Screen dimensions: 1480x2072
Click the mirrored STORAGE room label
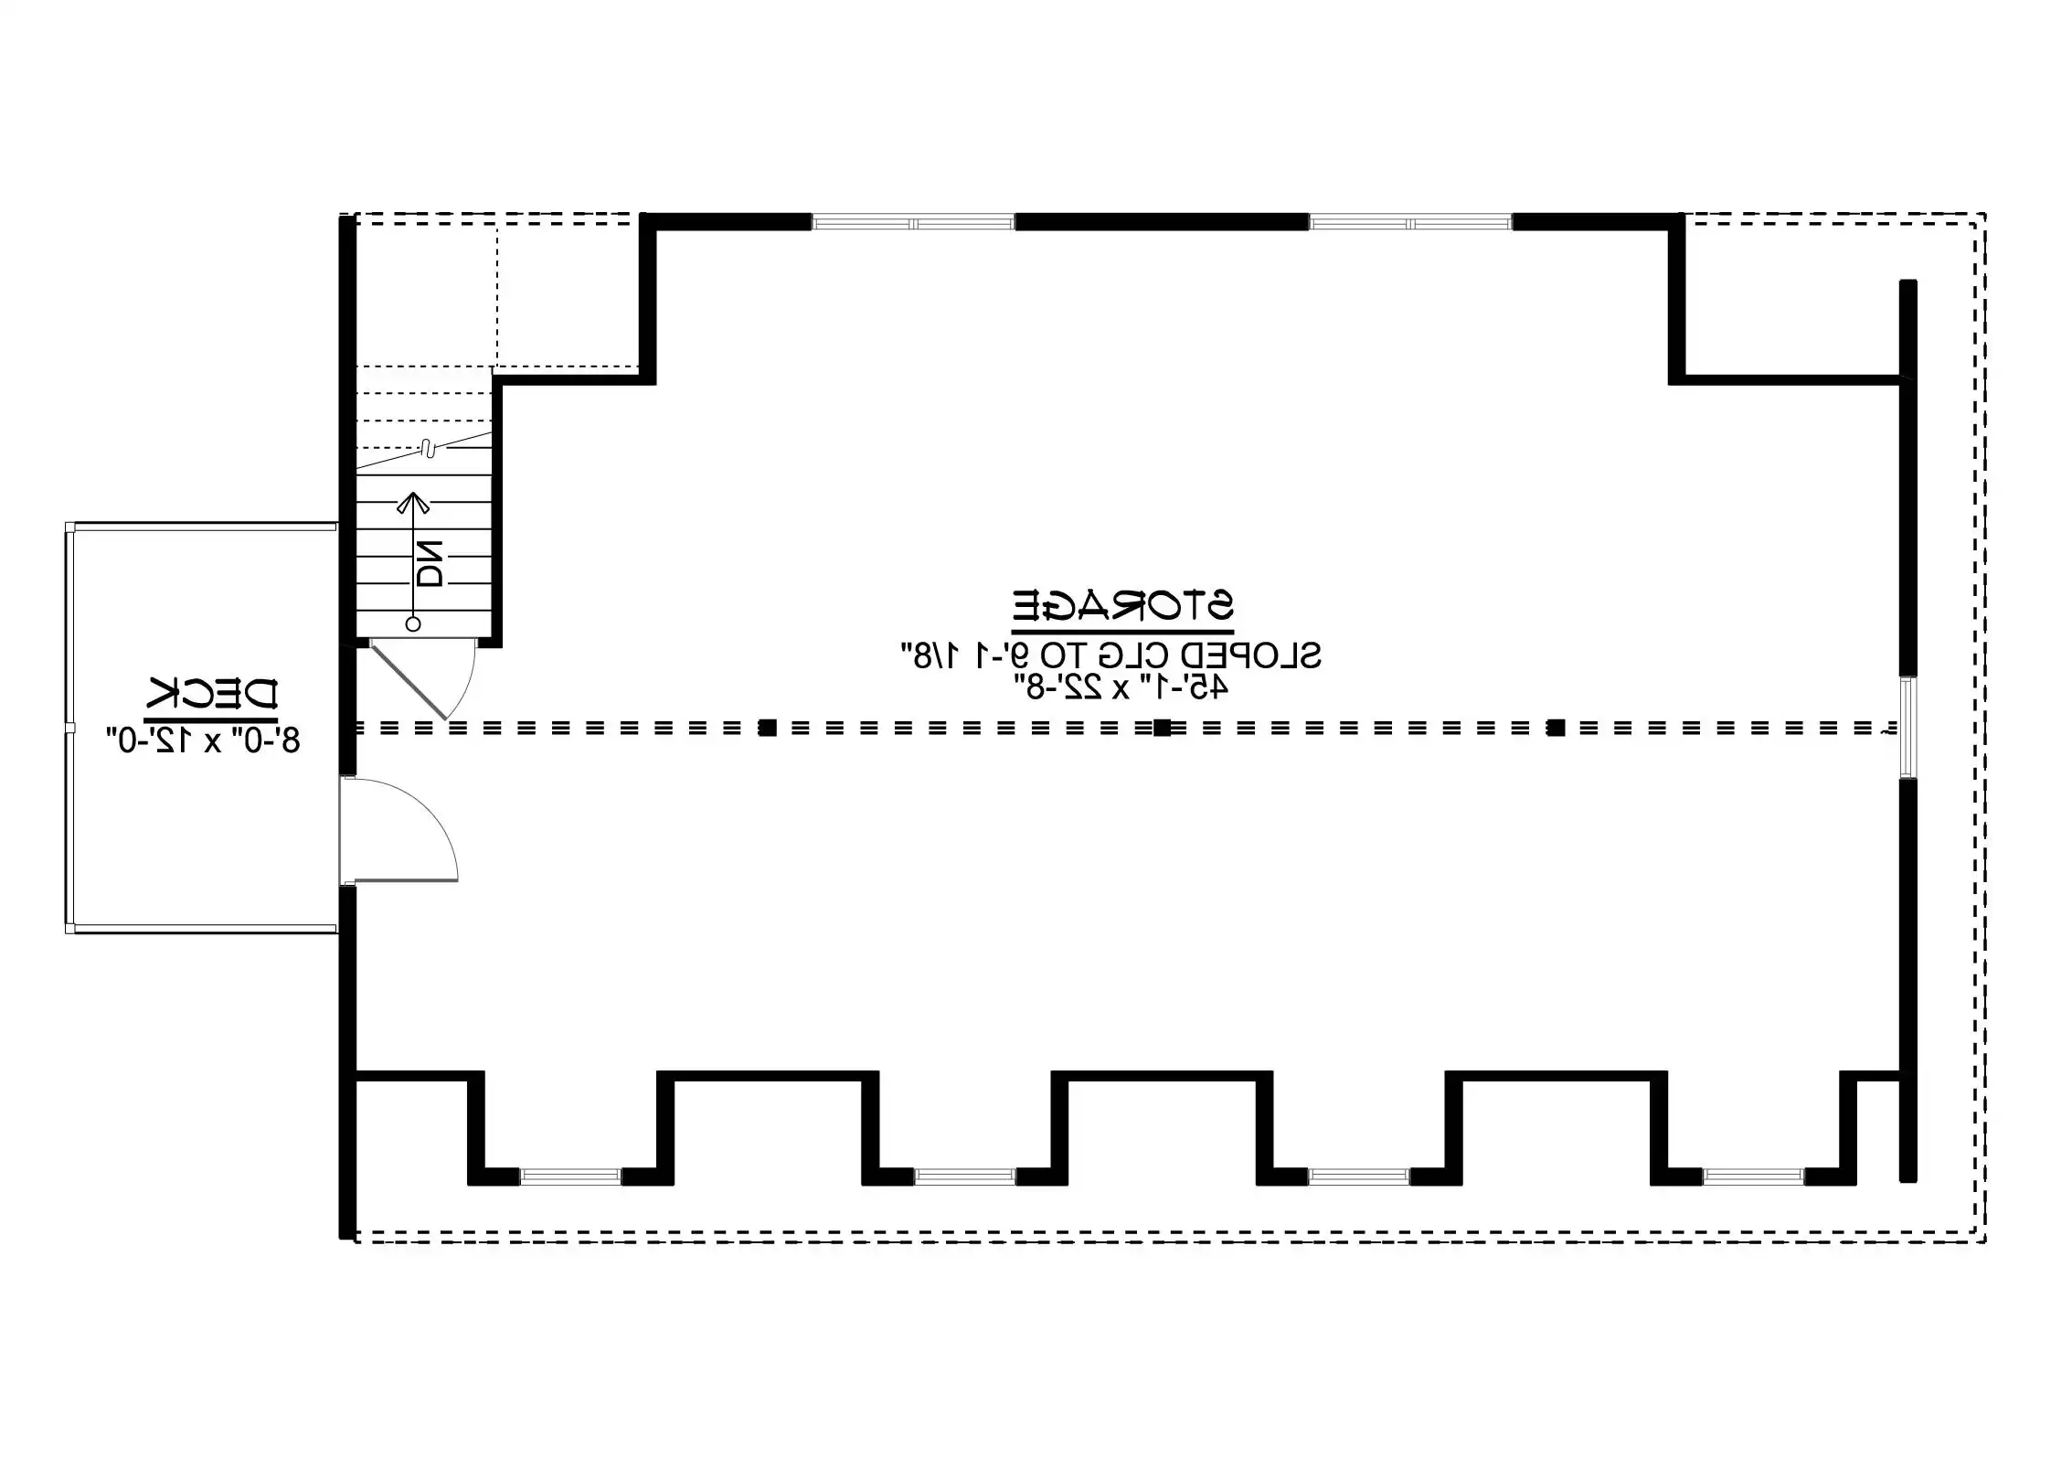1122,605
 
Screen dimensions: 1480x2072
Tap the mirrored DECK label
213,695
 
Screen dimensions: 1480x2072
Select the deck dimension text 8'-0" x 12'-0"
203,740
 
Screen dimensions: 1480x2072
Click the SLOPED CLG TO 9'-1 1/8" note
1110,655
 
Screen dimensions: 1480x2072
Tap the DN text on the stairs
429,563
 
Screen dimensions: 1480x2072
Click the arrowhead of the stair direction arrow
413,502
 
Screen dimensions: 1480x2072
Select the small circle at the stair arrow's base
413,624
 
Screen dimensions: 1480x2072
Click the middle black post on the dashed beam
1162,728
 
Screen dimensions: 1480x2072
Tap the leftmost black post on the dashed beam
769,728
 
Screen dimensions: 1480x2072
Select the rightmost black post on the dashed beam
1556,728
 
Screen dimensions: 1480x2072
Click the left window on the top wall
913,222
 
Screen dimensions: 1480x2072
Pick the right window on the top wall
1410,222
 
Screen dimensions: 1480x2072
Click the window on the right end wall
1907,728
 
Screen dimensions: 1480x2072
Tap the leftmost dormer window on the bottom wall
570,1177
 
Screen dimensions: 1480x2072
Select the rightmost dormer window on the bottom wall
1753,1177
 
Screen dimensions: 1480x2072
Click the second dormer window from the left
964,1177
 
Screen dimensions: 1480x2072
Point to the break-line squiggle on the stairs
426,447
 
